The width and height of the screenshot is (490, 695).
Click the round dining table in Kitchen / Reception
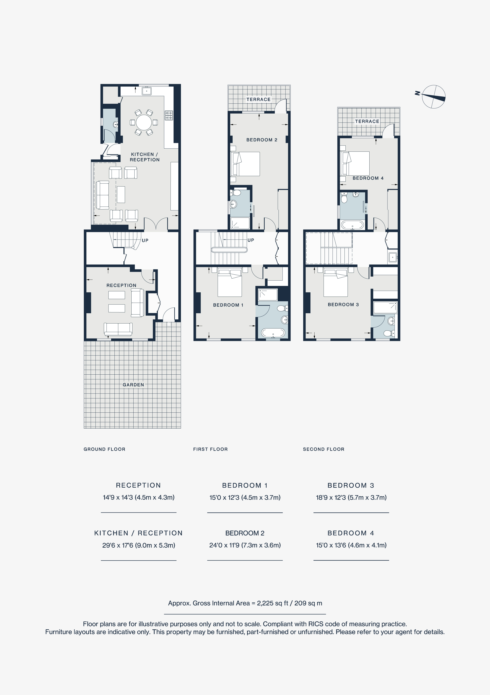tap(144, 122)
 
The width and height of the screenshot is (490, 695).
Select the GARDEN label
tap(133, 385)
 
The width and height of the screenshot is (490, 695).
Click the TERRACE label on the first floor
tap(258, 99)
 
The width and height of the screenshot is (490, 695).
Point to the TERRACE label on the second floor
tap(367, 121)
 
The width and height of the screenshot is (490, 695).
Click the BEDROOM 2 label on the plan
tap(262, 140)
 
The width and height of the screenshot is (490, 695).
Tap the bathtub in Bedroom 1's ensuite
tap(273, 333)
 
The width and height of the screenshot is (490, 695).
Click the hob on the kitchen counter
tap(169, 115)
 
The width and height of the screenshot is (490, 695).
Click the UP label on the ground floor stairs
tap(145, 240)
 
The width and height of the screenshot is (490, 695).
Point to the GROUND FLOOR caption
tap(104, 449)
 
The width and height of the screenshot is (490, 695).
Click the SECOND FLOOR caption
tap(323, 449)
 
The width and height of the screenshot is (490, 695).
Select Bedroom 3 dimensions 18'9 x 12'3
tap(351, 497)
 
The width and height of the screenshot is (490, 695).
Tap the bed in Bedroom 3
tap(335, 283)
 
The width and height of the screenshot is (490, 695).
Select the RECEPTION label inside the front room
tap(121, 286)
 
